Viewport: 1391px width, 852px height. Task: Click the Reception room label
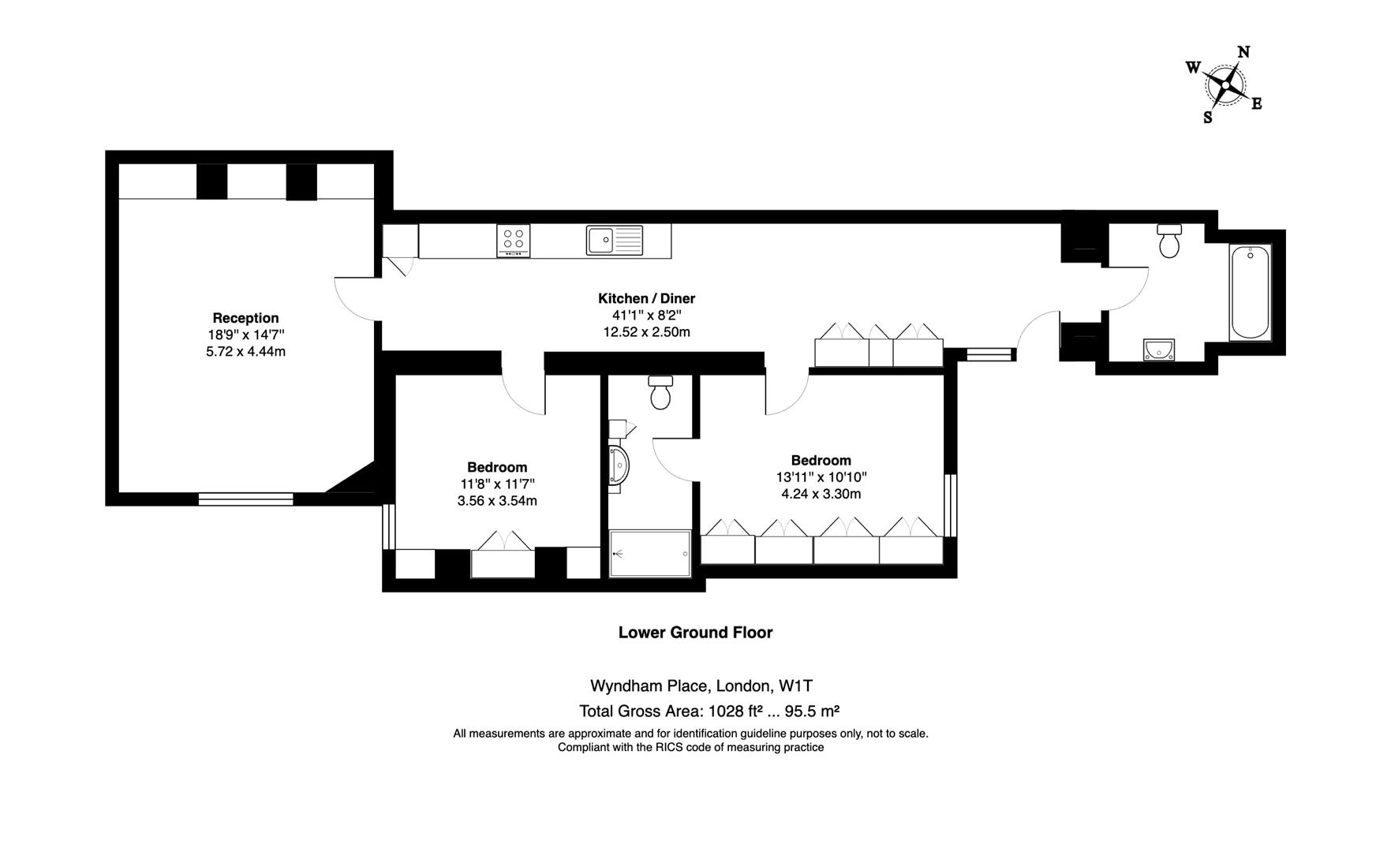click(245, 318)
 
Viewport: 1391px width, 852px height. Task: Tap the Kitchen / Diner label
click(646, 298)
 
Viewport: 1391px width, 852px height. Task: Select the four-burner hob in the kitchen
click(513, 241)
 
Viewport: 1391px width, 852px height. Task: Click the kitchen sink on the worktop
click(615, 240)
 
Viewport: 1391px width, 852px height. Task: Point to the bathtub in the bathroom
click(1250, 293)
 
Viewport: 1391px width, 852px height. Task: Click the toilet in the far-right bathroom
click(1169, 241)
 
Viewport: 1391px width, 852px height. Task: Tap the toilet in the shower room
click(660, 392)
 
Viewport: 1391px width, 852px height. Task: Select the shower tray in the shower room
click(650, 554)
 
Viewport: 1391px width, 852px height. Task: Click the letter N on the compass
click(1243, 53)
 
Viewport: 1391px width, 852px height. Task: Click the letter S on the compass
click(1207, 118)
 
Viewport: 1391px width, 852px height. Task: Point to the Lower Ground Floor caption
click(695, 632)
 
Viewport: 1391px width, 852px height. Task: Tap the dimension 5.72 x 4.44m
click(245, 352)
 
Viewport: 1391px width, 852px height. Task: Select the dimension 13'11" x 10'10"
click(821, 477)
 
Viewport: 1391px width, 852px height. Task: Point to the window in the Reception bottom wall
click(245, 499)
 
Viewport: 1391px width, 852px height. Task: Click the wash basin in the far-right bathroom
click(1158, 349)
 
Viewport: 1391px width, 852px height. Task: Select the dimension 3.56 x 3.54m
click(497, 501)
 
